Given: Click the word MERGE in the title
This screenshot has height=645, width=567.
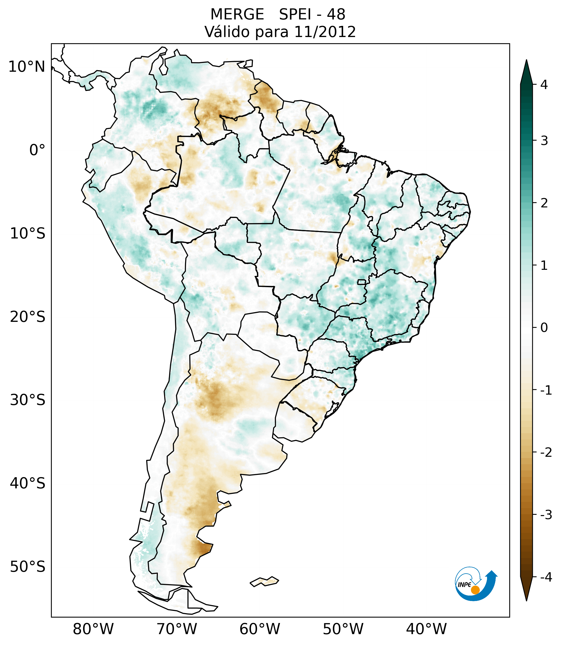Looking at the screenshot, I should coord(237,15).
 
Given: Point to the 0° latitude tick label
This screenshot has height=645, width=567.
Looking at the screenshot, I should coord(37,150).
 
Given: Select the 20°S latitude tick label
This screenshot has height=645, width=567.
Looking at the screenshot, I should coord(28,317).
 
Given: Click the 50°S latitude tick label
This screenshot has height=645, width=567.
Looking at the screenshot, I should coord(28,567).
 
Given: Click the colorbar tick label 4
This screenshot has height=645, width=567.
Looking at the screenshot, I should coord(544,85).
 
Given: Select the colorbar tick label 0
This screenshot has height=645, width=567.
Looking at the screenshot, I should coord(544,328).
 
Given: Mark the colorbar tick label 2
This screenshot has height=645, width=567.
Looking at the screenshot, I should coord(544,203).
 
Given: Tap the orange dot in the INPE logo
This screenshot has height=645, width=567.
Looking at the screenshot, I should coord(475,590).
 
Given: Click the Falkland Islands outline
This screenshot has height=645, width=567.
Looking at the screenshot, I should coord(264,581).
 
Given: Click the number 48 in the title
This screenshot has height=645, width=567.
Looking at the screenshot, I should coord(336,15).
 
